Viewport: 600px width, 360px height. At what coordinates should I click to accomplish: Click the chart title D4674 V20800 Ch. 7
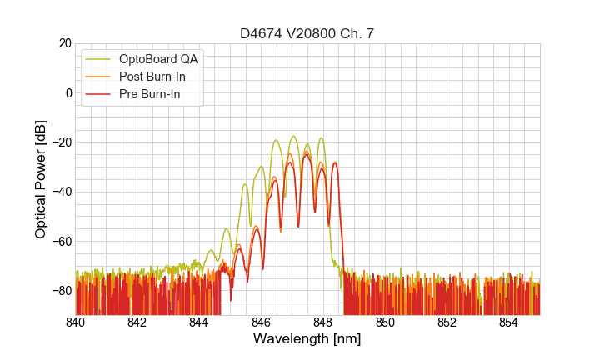coord(307,33)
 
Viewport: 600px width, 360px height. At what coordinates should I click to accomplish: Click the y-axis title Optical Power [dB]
coord(41,179)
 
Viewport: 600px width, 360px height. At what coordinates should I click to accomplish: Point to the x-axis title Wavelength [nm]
coord(307,339)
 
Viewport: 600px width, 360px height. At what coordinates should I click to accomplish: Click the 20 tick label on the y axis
coord(64,43)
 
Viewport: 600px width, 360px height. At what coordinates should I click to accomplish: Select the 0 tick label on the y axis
coord(68,92)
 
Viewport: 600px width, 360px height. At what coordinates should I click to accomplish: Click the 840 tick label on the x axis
coord(76,322)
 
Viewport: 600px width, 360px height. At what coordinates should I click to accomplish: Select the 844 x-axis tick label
coord(199,322)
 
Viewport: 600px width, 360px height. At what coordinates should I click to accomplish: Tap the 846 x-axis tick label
coord(262,322)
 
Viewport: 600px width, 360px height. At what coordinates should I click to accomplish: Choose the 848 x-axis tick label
coord(323,322)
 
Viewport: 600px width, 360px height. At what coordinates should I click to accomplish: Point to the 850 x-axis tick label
coord(385,322)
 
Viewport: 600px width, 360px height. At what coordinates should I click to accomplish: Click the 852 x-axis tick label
coord(447,322)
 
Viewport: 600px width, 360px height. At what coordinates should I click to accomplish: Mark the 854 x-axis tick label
coord(509,322)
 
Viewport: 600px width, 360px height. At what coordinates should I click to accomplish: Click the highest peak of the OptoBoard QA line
coord(293,136)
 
